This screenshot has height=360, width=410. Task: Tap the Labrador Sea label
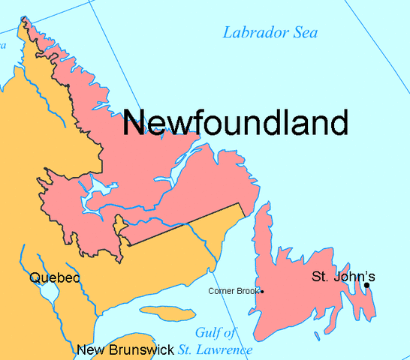coord(270,32)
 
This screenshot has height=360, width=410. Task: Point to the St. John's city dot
coord(366,285)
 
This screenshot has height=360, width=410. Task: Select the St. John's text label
coord(342,277)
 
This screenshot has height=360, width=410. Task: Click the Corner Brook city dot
coord(262,291)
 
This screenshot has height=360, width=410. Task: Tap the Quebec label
coord(54,277)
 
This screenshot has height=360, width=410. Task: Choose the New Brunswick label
coord(125,349)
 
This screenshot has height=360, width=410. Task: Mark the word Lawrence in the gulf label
coord(231,349)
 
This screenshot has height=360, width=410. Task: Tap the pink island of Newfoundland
coord(300,285)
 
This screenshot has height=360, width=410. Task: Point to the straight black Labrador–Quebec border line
coord(184,224)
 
